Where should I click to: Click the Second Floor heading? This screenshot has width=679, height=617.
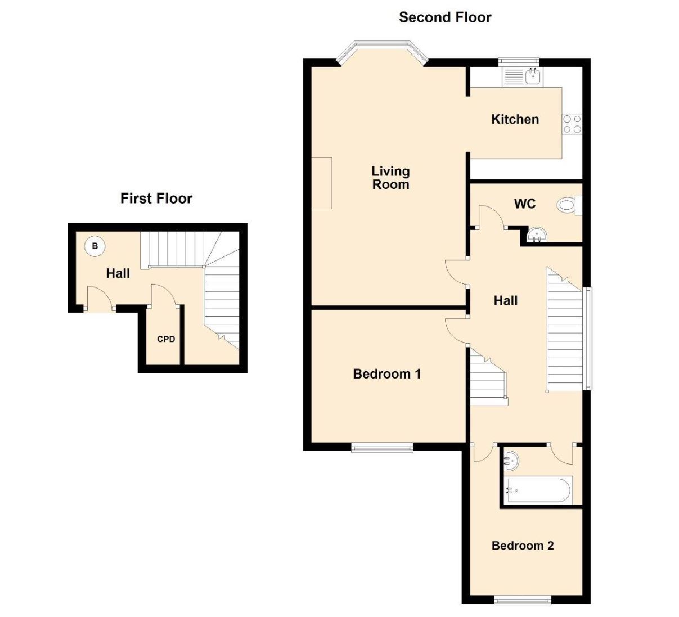click(x=445, y=17)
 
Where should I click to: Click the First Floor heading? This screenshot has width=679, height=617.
click(x=156, y=199)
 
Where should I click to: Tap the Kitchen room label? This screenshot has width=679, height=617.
click(x=515, y=119)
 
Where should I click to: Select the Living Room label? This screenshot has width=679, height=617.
click(x=390, y=178)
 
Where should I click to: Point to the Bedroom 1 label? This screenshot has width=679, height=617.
click(x=387, y=374)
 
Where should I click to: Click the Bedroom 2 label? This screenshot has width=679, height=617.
click(x=523, y=546)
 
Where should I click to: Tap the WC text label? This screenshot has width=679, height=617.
click(x=525, y=204)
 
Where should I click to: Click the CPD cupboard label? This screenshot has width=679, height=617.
click(x=166, y=339)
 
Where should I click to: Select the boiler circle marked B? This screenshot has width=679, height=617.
click(x=95, y=246)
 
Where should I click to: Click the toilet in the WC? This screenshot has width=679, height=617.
click(x=569, y=205)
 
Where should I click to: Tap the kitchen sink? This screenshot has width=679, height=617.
click(x=533, y=76)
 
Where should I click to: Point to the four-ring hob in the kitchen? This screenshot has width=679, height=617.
click(x=572, y=124)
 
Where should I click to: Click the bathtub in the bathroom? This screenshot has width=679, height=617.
click(x=538, y=490)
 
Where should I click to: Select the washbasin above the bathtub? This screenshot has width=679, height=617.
click(x=511, y=460)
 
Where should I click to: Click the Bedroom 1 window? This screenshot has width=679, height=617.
click(x=382, y=448)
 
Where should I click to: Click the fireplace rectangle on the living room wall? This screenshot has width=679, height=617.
click(x=322, y=183)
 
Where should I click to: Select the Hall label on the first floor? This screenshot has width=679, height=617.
click(x=118, y=273)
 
